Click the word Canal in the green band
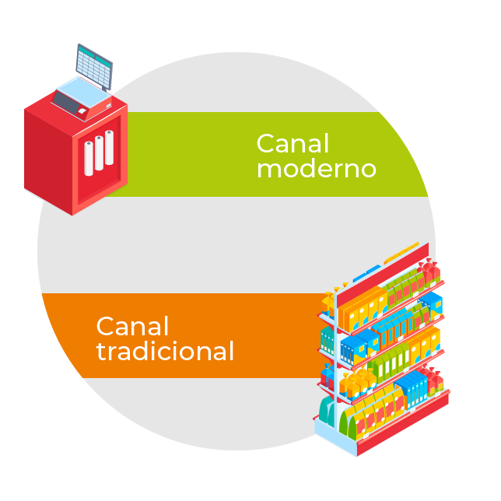click(293, 143)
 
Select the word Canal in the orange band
click(132, 326)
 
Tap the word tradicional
click(165, 351)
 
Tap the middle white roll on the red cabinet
click(99, 153)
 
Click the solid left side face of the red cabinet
click(47, 156)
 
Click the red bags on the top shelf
click(429, 273)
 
